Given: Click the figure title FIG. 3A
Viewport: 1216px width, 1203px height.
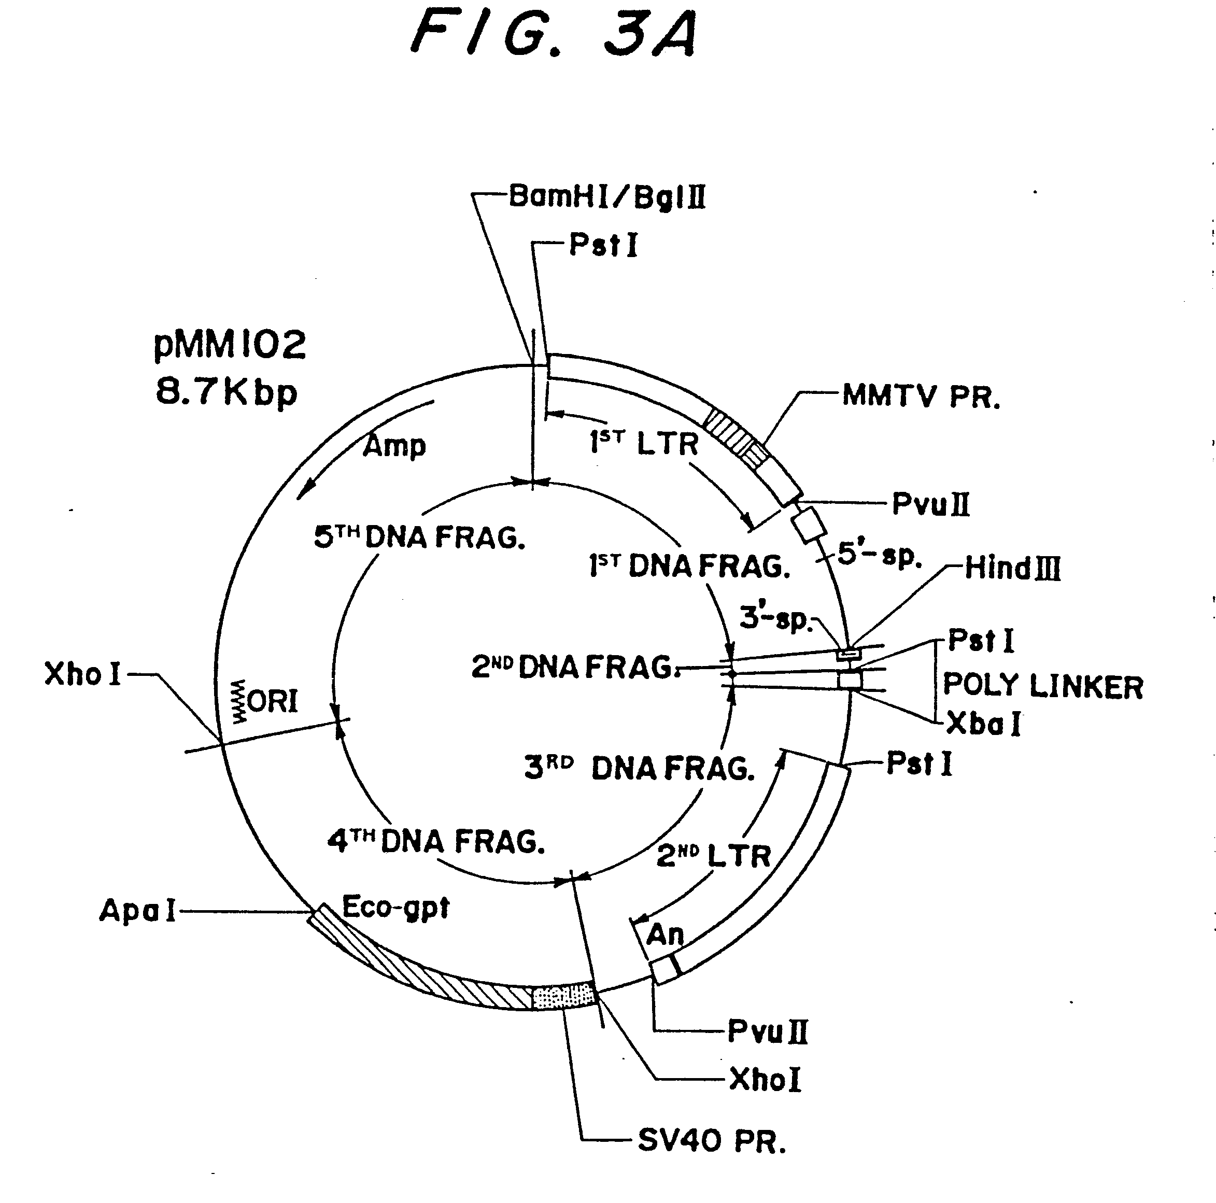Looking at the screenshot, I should click(554, 35).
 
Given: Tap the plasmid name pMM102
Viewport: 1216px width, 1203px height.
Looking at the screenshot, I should click(230, 346).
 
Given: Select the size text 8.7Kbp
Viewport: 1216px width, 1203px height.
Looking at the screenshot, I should click(226, 393).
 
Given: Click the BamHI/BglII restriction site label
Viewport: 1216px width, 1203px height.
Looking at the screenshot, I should click(607, 196).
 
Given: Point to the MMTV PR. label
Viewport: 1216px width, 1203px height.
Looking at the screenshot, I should click(921, 397).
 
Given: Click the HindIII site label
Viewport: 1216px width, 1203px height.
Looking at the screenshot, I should click(1012, 568).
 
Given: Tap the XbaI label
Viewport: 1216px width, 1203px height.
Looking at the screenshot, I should click(983, 724).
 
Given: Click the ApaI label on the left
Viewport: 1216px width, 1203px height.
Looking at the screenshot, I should click(137, 910).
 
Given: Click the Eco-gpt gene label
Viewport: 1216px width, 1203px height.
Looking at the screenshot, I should click(395, 907).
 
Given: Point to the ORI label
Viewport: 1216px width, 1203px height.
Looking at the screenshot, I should click(273, 701).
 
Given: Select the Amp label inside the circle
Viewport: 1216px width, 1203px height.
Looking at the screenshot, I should click(394, 446).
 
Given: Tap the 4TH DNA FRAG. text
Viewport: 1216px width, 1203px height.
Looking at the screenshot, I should click(435, 841).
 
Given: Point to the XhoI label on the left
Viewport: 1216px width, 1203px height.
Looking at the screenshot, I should click(82, 674).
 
